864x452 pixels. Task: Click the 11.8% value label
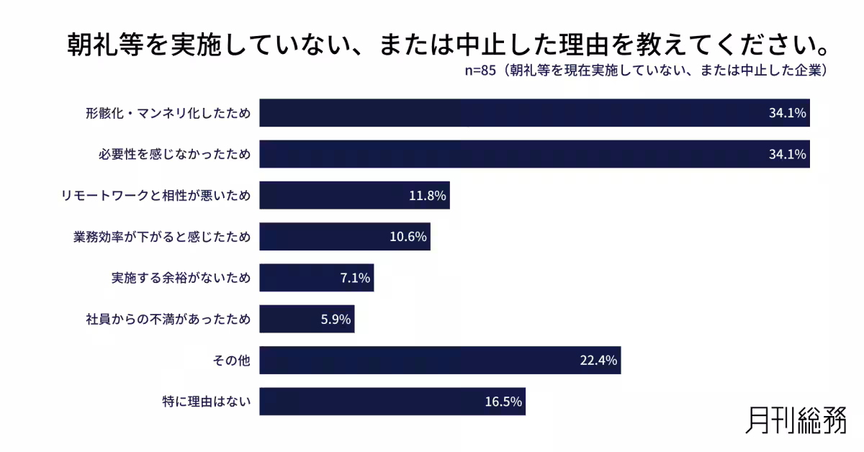(x=428, y=196)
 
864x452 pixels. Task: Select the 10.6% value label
(x=408, y=237)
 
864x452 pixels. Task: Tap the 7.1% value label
(x=355, y=278)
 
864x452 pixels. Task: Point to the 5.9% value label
(x=336, y=319)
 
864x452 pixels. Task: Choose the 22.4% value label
(x=598, y=361)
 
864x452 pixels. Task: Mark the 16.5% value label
(x=503, y=402)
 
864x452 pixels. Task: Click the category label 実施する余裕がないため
(x=181, y=278)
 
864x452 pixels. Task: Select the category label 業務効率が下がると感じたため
(x=161, y=237)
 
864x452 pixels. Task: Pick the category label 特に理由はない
(x=207, y=402)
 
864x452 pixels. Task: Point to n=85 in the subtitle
(x=480, y=71)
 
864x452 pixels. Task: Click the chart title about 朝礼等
(x=446, y=45)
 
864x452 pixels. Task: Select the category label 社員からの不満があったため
(x=168, y=319)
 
